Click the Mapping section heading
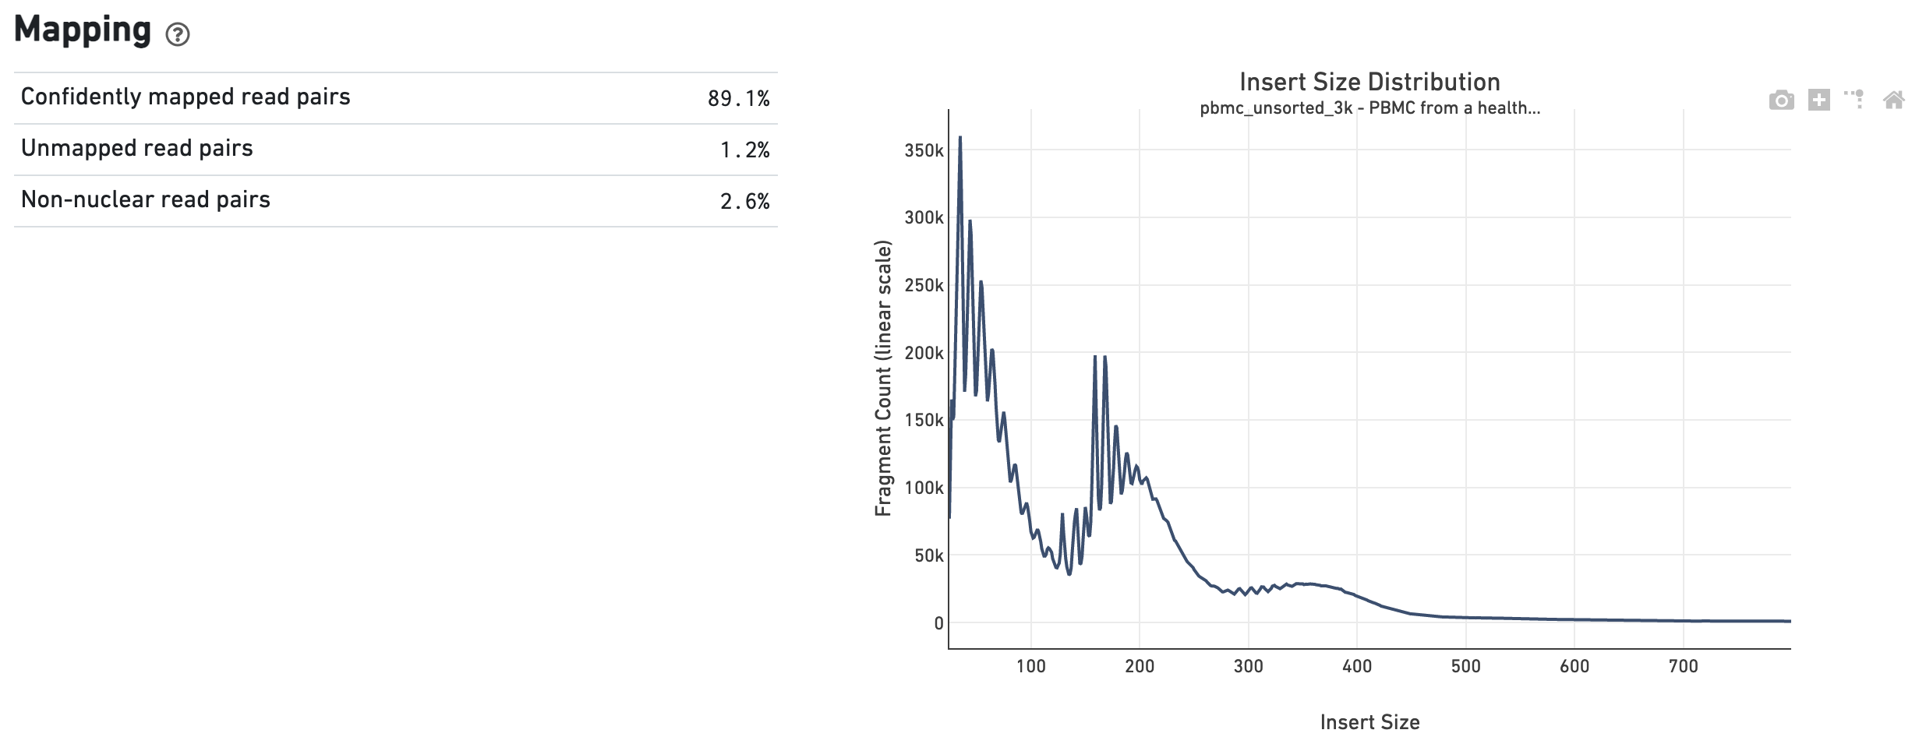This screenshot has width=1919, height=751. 83,30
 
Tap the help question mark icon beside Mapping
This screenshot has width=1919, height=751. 178,34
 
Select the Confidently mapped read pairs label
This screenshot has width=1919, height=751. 186,97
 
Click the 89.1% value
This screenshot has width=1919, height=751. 738,98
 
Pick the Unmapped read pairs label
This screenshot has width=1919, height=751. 137,148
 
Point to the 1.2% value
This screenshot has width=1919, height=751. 744,150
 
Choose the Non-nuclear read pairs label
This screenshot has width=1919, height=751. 146,199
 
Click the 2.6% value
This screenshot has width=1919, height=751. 744,202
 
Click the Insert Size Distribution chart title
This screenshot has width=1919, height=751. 1369,82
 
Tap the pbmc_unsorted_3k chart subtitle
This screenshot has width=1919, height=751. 1369,108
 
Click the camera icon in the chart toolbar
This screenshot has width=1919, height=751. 1781,100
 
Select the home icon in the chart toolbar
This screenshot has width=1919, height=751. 1893,100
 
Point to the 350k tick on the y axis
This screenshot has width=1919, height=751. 924,150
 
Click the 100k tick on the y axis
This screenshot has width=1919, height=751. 924,488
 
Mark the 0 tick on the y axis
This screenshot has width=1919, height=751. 938,623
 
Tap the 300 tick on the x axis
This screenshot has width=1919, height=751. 1248,666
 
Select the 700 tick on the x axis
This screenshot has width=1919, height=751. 1683,666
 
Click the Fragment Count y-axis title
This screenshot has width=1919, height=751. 882,378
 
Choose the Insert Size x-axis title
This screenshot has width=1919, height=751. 1369,722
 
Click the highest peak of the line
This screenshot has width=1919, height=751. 960,138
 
